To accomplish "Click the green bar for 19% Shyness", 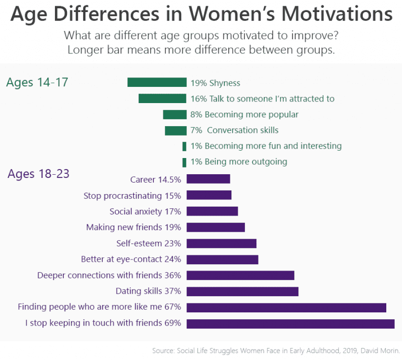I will pyautogui.click(x=157, y=82).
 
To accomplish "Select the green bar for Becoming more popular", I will pyautogui.click(x=175, y=115).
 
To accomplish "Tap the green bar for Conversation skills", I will pyautogui.click(x=176, y=130).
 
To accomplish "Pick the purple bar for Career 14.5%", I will pyautogui.click(x=208, y=179).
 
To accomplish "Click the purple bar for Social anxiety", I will pyautogui.click(x=212, y=211).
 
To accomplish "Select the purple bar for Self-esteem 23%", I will pyautogui.click(x=221, y=243).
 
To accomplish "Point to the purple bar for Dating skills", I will pyautogui.click(x=242, y=291).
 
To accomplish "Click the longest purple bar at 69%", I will pyautogui.click(x=291, y=323).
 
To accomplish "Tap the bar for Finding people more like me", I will pyautogui.click(x=286, y=307).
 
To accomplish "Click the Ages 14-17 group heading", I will pyautogui.click(x=37, y=82).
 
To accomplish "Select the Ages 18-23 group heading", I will pyautogui.click(x=39, y=173).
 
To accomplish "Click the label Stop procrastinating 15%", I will pyautogui.click(x=132, y=196).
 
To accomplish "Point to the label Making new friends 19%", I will pyautogui.click(x=133, y=227).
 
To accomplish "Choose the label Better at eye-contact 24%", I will pyautogui.click(x=131, y=259).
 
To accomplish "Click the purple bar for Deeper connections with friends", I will pyautogui.click(x=240, y=275).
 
